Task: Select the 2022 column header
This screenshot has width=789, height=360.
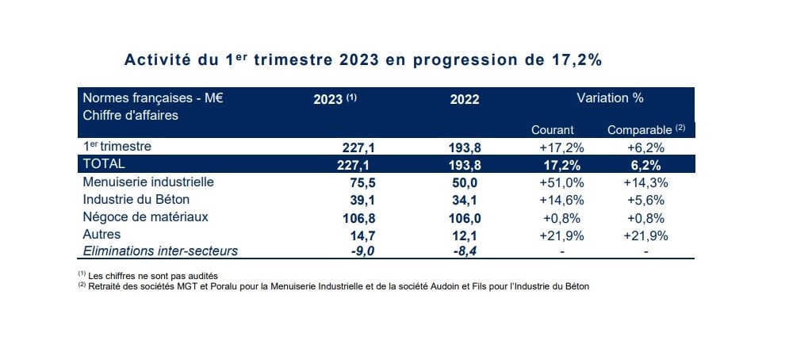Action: (x=465, y=100)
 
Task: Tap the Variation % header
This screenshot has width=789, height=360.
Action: (x=609, y=98)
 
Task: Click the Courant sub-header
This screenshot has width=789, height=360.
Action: (x=553, y=129)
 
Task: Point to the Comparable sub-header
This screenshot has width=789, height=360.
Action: (x=639, y=129)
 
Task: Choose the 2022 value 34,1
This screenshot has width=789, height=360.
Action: (x=465, y=200)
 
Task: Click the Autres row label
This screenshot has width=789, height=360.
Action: (x=101, y=235)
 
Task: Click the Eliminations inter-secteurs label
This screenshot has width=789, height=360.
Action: (x=160, y=251)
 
